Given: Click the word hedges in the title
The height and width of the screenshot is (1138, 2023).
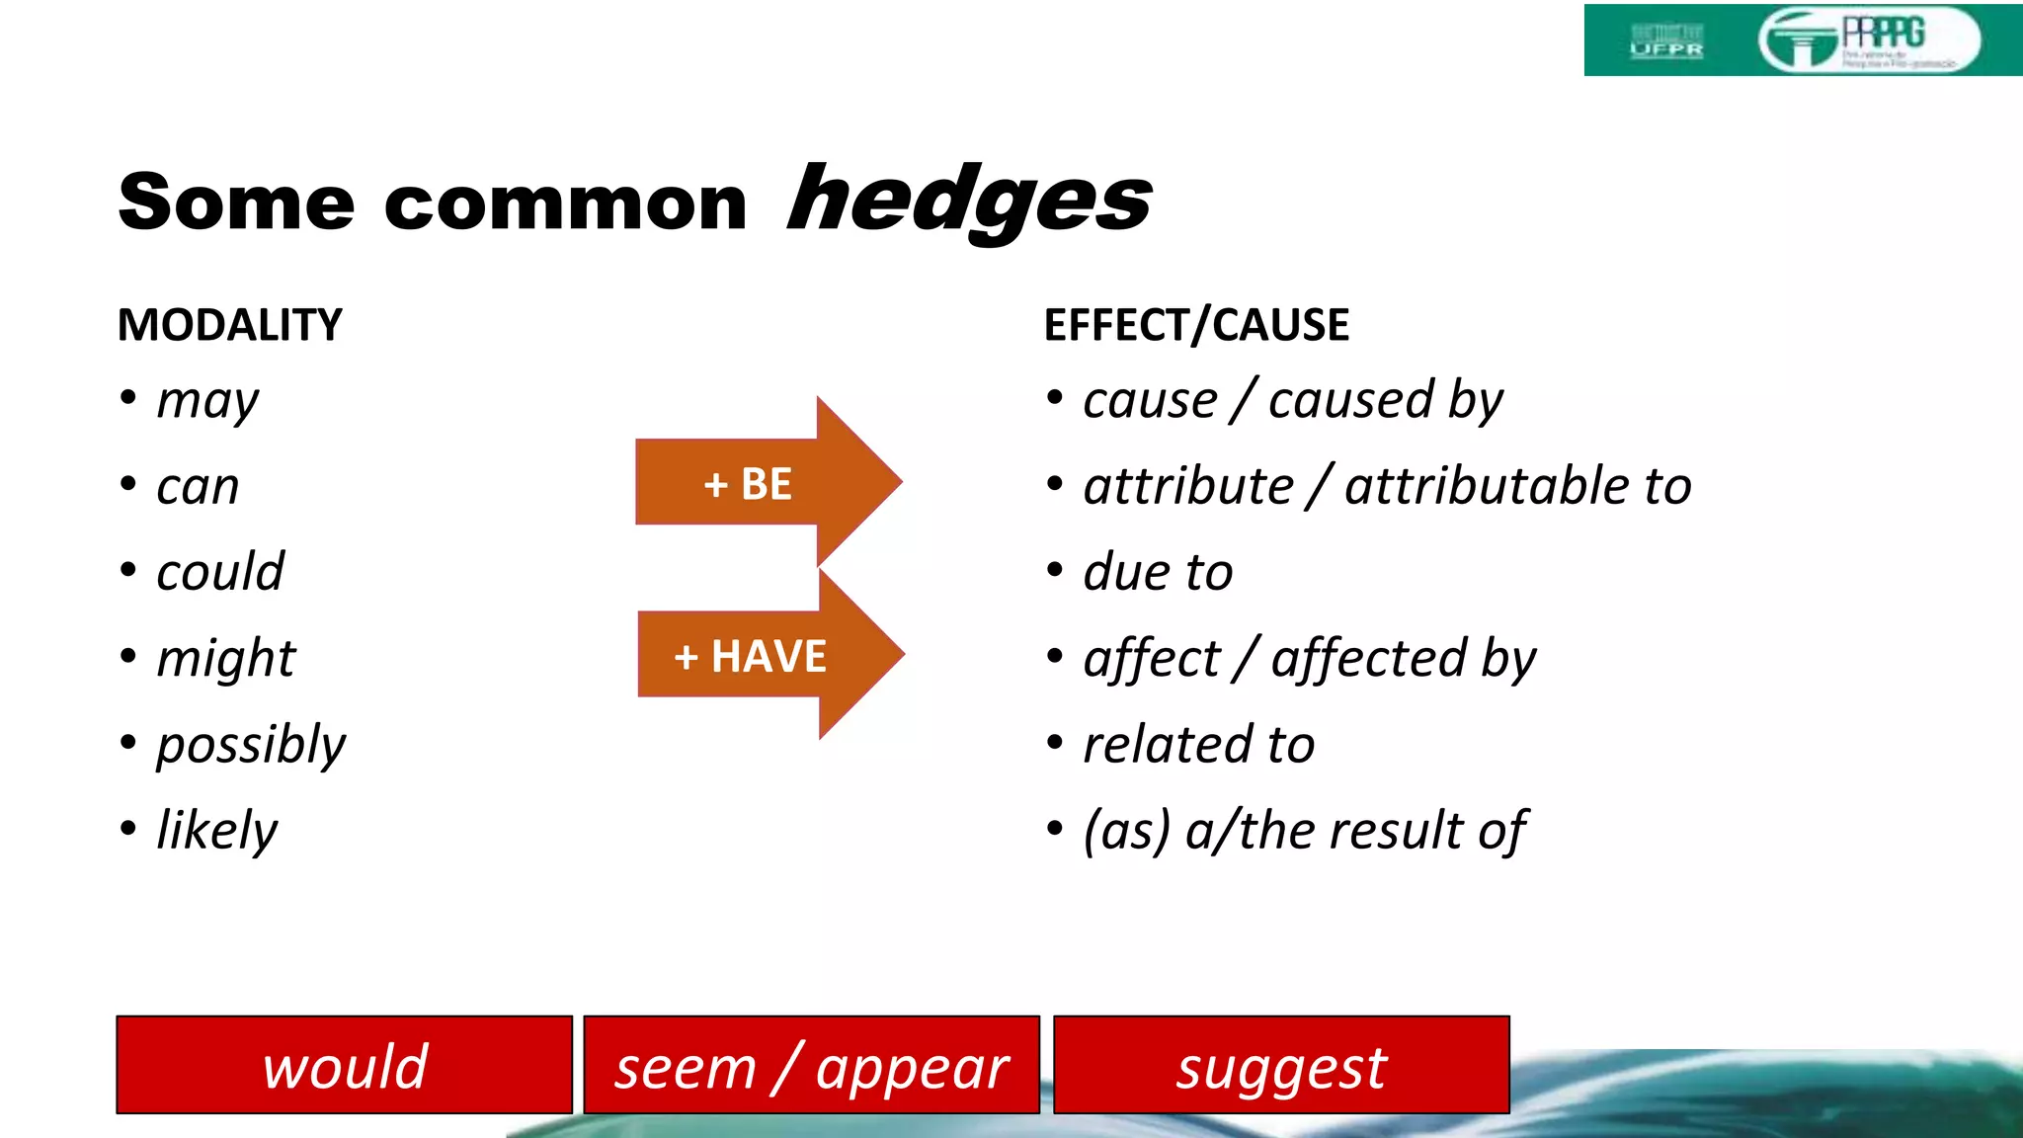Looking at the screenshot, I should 969,202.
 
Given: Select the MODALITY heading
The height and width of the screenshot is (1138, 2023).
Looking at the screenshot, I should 230,325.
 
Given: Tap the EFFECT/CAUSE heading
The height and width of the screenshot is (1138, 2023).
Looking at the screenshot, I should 1196,325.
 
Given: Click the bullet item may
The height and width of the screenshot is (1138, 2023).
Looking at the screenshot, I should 207,401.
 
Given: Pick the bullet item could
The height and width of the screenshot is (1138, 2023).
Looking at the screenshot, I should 220,572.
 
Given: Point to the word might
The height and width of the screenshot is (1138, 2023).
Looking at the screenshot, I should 226,658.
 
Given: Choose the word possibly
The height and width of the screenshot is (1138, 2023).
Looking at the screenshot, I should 251,745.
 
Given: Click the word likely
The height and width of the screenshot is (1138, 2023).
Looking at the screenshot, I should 217,831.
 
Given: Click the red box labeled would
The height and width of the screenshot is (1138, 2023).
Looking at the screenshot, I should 345,1066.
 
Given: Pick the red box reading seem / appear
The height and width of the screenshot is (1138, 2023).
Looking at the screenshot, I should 811,1066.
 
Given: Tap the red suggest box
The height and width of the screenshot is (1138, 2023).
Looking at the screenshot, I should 1281,1066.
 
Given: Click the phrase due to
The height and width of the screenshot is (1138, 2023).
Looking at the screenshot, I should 1158,572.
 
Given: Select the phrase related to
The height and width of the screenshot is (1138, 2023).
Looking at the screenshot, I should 1199,745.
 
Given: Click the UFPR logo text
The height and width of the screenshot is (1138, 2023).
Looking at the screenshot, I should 1666,47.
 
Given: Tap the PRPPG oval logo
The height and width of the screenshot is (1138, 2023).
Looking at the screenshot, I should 1869,41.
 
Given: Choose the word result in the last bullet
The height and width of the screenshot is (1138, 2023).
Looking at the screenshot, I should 1396,831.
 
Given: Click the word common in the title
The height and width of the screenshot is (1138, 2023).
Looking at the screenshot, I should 566,203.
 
